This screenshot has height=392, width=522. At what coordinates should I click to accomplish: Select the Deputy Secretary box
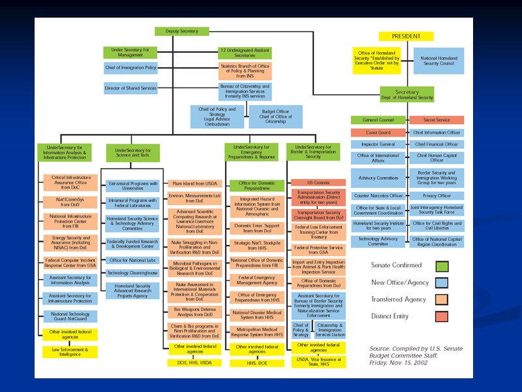click(181, 31)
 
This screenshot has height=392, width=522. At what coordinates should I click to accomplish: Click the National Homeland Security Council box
click(439, 60)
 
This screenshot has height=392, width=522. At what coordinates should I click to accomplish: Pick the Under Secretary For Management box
click(130, 53)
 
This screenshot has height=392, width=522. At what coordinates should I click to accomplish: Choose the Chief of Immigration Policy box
click(130, 68)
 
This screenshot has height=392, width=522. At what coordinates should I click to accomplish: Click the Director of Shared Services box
click(130, 88)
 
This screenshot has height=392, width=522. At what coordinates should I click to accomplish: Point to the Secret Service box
click(437, 120)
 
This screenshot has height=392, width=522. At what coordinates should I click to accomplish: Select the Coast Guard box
click(378, 133)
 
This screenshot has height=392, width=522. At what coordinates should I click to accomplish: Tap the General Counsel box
click(378, 120)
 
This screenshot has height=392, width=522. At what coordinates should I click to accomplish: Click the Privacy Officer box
click(437, 195)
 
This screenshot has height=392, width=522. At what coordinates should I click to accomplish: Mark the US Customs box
click(318, 182)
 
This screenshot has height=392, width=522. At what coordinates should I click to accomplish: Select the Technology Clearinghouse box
click(132, 273)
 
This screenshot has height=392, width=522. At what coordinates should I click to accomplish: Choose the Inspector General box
click(378, 144)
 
